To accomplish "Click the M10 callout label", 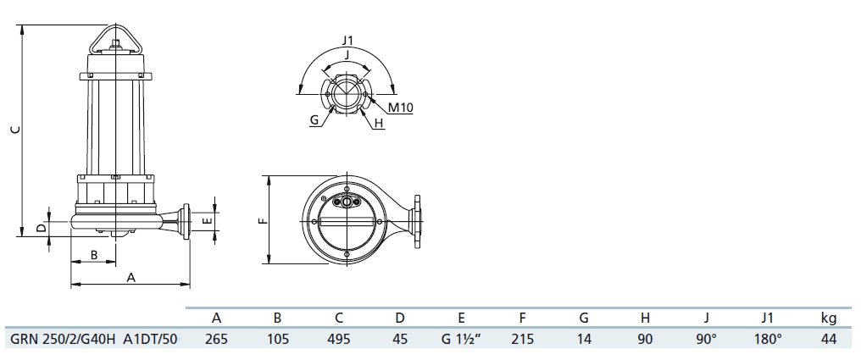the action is tap(400, 107).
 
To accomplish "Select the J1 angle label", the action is tap(347, 40).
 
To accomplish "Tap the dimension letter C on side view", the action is tap(15, 130).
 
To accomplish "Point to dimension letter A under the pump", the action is tap(131, 278).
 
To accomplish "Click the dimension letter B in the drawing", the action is tap(94, 255).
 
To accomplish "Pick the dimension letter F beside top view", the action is tap(263, 220).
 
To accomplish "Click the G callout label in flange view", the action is tap(314, 119).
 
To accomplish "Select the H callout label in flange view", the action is tap(378, 124).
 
